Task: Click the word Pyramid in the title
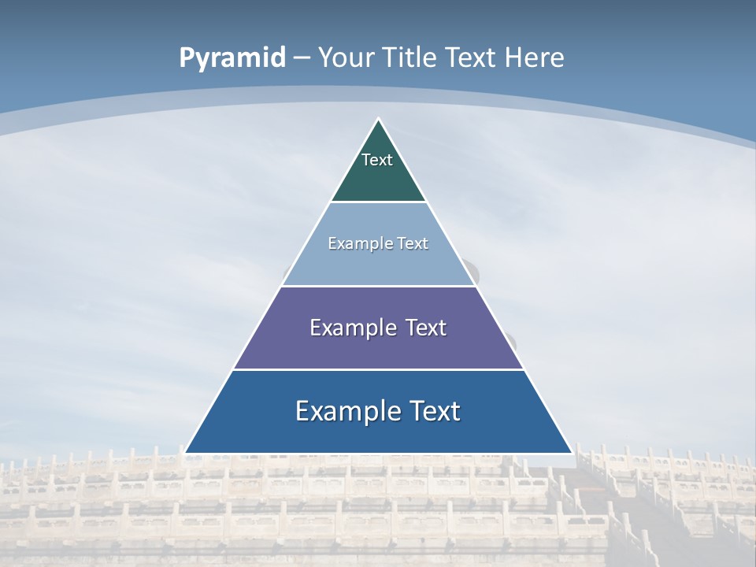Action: pyautogui.click(x=232, y=58)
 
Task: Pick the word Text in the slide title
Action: pyautogui.click(x=472, y=57)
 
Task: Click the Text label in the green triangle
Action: pyautogui.click(x=377, y=160)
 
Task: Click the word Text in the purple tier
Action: pyautogui.click(x=426, y=328)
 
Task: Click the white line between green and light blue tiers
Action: pyautogui.click(x=378, y=202)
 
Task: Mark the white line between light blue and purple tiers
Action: pyautogui.click(x=378, y=286)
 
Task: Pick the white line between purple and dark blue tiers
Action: pyautogui.click(x=378, y=369)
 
